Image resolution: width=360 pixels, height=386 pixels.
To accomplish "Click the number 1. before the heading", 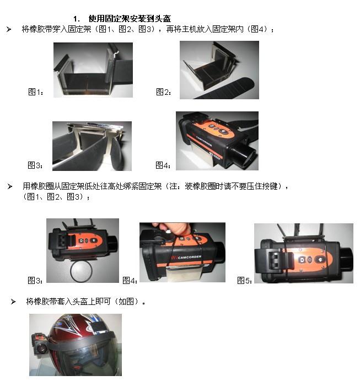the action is click(76, 19).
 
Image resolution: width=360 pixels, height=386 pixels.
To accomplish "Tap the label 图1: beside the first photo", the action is click(36, 92).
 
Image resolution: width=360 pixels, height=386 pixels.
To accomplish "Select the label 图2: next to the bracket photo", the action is click(164, 92).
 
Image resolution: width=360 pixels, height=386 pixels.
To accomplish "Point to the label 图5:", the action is click(244, 280).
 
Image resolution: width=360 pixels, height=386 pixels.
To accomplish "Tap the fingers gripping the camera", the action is click(172, 228).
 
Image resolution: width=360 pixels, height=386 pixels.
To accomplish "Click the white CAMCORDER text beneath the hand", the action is click(190, 258).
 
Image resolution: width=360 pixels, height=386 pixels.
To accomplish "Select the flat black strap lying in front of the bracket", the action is click(224, 89).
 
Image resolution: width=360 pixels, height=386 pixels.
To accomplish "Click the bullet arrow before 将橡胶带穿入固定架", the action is click(9, 30).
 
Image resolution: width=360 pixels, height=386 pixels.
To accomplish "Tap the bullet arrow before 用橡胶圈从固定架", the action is click(10, 186).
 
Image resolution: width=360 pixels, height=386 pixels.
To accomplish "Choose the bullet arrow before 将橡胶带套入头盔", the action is click(13, 302).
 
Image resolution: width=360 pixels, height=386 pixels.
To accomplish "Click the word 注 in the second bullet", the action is click(174, 186).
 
